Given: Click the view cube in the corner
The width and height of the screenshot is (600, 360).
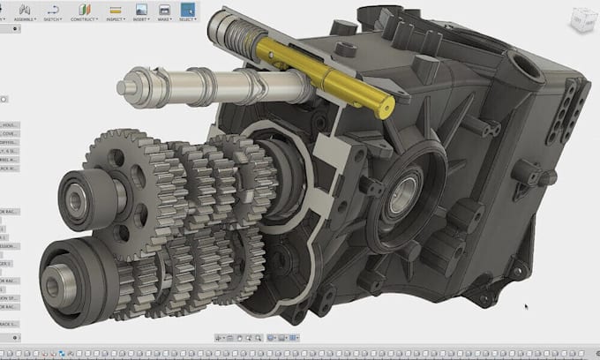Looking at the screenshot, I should coord(580,19).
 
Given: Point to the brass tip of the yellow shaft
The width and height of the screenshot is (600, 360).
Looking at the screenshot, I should coord(385,108).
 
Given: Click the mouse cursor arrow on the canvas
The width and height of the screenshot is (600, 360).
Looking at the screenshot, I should coord(527,309).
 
